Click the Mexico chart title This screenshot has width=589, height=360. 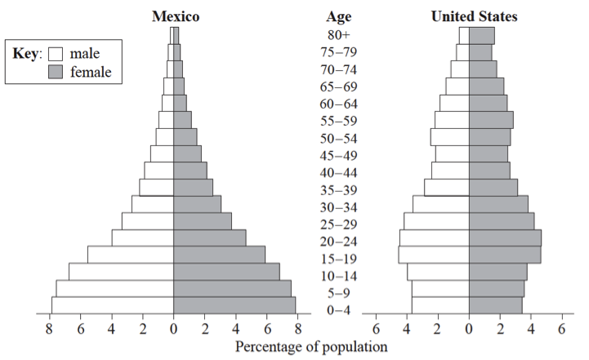click(x=176, y=16)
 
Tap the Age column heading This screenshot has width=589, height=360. click(x=338, y=16)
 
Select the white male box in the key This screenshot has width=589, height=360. click(x=56, y=54)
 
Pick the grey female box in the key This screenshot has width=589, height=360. click(x=56, y=72)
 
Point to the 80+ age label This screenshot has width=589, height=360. click(x=338, y=35)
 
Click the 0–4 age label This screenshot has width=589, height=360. click(x=338, y=310)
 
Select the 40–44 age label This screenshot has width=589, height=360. click(x=338, y=172)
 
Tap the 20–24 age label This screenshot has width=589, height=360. click(x=338, y=241)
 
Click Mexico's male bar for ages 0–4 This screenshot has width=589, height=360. click(x=113, y=304)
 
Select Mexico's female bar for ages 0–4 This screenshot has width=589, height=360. click(x=234, y=304)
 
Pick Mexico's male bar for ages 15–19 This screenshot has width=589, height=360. click(x=131, y=254)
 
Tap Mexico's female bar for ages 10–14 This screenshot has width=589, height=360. click(x=226, y=271)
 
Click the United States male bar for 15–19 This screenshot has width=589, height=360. click(x=434, y=254)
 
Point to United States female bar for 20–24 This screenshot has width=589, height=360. click(x=505, y=237)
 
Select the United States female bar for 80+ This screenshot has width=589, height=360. click(x=482, y=35)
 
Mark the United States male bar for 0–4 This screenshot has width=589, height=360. click(x=440, y=304)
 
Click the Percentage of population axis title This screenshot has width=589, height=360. click(x=311, y=346)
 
